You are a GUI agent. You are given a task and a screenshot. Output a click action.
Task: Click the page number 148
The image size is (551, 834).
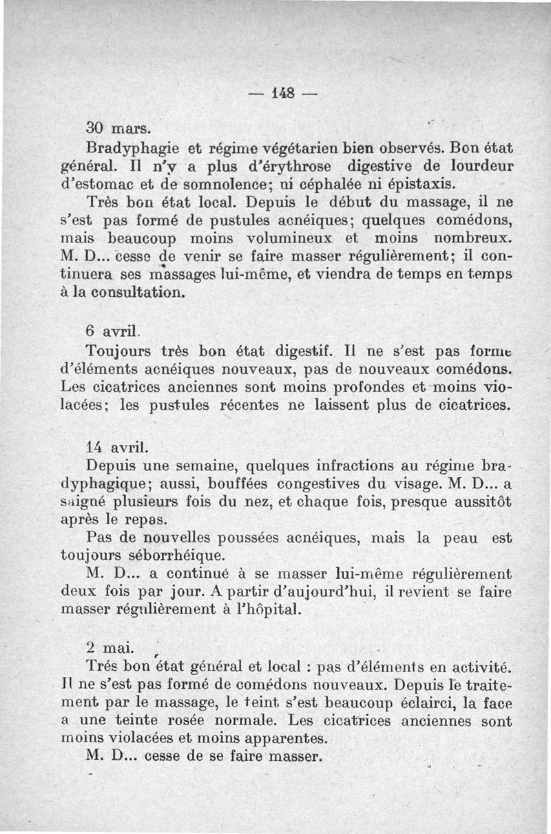click(275, 94)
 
